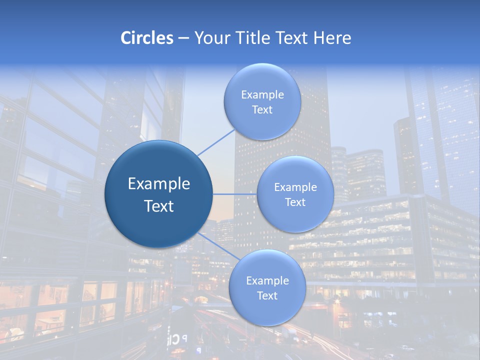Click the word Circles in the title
pyautogui.click(x=146, y=38)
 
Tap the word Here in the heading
pyautogui.click(x=331, y=38)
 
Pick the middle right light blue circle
pyautogui.click(x=295, y=220)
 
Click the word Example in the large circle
pyautogui.click(x=159, y=184)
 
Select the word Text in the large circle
pyautogui.click(x=159, y=206)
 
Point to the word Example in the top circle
pyautogui.click(x=262, y=95)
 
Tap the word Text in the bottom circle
pyautogui.click(x=267, y=295)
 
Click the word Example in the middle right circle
pyautogui.click(x=295, y=187)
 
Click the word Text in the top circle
pyautogui.click(x=262, y=110)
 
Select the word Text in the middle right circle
pyautogui.click(x=295, y=202)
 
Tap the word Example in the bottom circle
pyautogui.click(x=267, y=281)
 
